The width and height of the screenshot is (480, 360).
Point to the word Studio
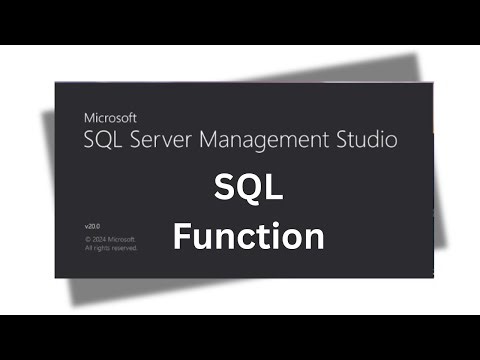click(365, 139)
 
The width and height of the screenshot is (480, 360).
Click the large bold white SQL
click(249, 189)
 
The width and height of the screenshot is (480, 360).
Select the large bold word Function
click(249, 237)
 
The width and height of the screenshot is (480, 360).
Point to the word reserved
click(123, 247)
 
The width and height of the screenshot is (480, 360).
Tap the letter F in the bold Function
click(184, 237)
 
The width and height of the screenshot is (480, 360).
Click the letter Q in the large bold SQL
click(249, 190)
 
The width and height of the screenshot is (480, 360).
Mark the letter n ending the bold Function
click(314, 239)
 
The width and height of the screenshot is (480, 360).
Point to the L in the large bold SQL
click(275, 189)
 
